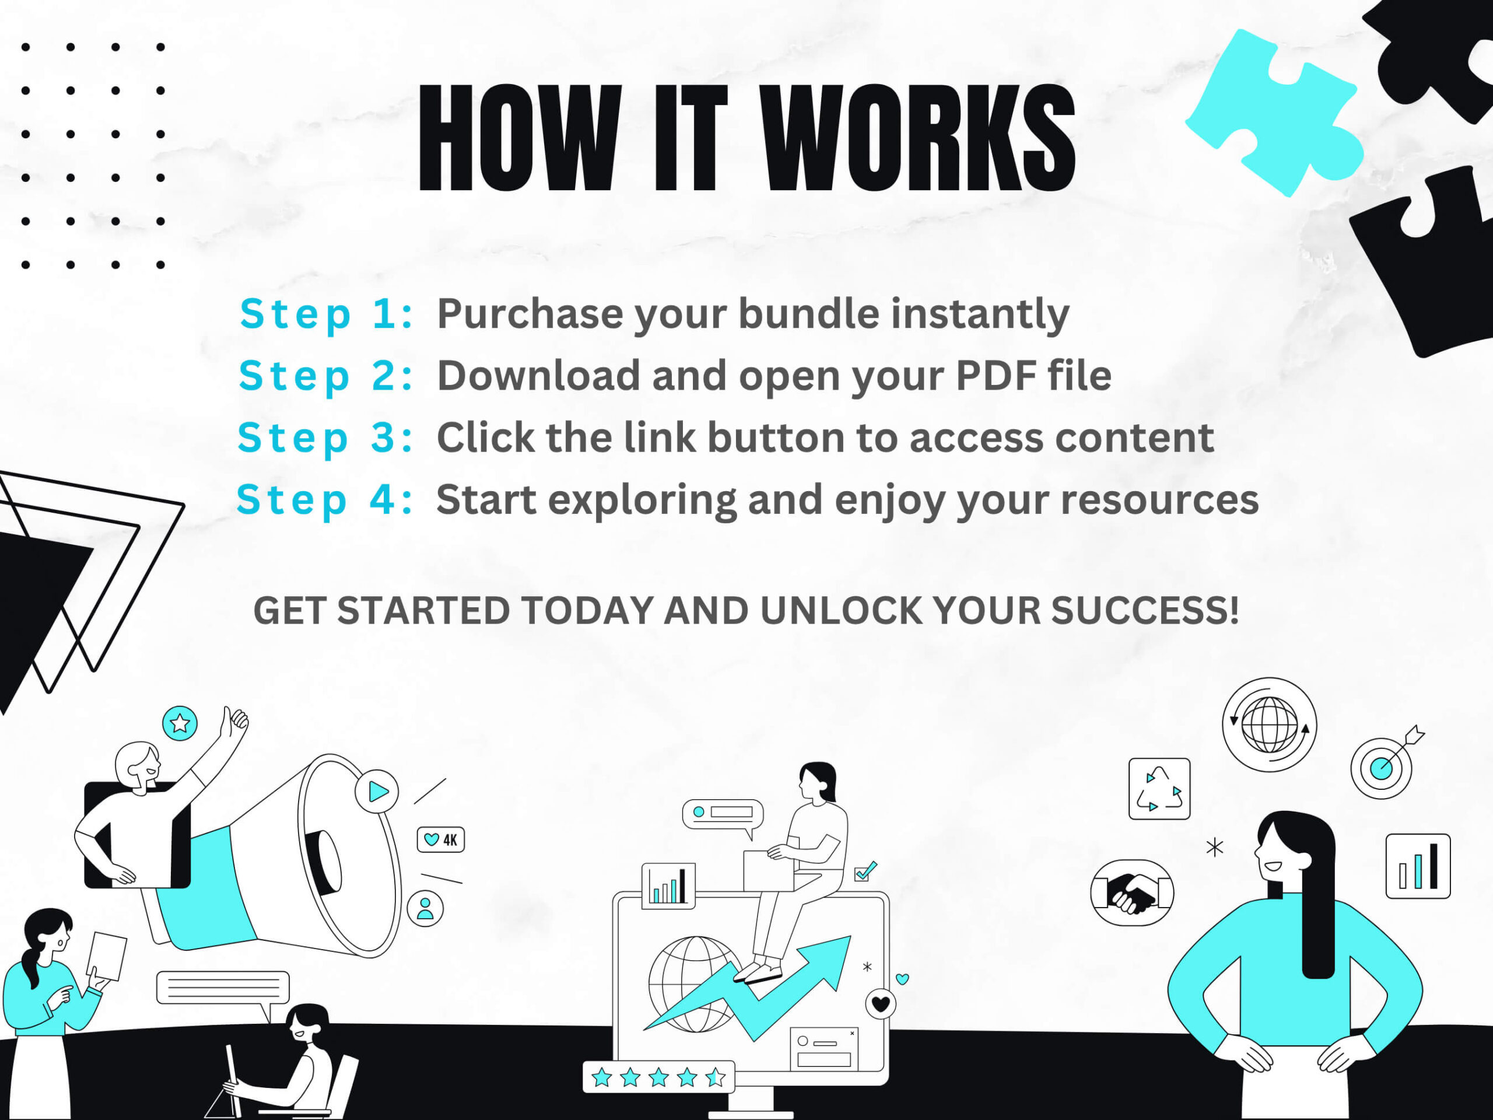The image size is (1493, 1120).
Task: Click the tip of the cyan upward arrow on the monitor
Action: pos(850,936)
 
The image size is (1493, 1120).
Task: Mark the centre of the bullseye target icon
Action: pos(1382,768)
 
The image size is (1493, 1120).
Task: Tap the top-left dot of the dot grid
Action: pos(26,47)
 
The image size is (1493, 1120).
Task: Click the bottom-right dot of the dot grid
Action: pos(160,265)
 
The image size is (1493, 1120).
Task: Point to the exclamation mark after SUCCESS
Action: pos(1233,610)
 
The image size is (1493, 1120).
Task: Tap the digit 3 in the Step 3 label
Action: pos(383,437)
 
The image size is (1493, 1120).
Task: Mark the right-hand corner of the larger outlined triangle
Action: pos(184,503)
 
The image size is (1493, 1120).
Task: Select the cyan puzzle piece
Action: pos(1274,111)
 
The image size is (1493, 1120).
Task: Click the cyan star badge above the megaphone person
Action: pos(180,723)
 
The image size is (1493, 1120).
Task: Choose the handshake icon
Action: pos(1133,892)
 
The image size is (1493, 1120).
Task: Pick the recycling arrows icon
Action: pos(1159,789)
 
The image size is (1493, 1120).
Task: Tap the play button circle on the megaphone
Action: pos(377,791)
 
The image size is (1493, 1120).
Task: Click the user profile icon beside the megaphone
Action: pos(425,909)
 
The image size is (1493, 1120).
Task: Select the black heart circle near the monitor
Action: pos(881,1004)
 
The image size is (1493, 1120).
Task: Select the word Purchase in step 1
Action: pos(530,314)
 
